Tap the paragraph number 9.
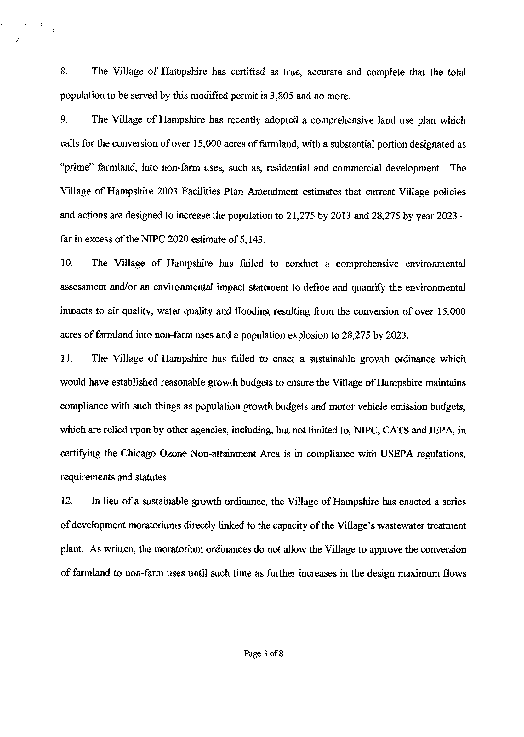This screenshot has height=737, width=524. tap(64, 120)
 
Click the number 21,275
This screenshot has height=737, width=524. tap(300, 215)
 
